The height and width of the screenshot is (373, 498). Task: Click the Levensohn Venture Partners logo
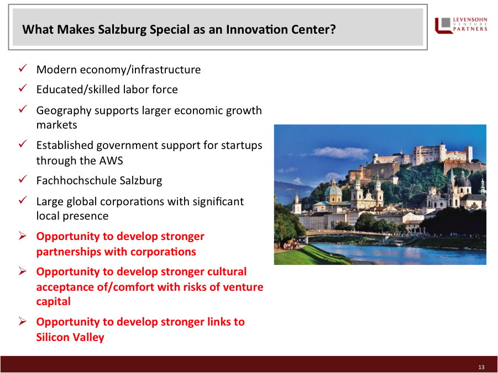pyautogui.click(x=461, y=25)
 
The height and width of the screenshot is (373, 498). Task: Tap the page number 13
pyautogui.click(x=481, y=367)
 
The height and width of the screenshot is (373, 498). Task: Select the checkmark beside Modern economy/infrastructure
pyautogui.click(x=23, y=68)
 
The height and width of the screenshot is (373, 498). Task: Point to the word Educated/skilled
pyautogui.click(x=78, y=89)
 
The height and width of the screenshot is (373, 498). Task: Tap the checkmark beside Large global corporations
pyautogui.click(x=23, y=200)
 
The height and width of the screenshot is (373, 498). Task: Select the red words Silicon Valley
pyautogui.click(x=70, y=337)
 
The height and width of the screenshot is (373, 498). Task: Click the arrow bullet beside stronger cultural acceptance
pyautogui.click(x=23, y=271)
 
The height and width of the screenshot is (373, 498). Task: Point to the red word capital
pyautogui.click(x=54, y=301)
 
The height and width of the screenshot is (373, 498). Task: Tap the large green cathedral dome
pyautogui.click(x=333, y=190)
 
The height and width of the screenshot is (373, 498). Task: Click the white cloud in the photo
pyautogui.click(x=340, y=153)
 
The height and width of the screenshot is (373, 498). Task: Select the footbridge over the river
pyautogui.click(x=346, y=234)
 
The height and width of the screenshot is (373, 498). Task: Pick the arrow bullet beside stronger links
pyautogui.click(x=23, y=321)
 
